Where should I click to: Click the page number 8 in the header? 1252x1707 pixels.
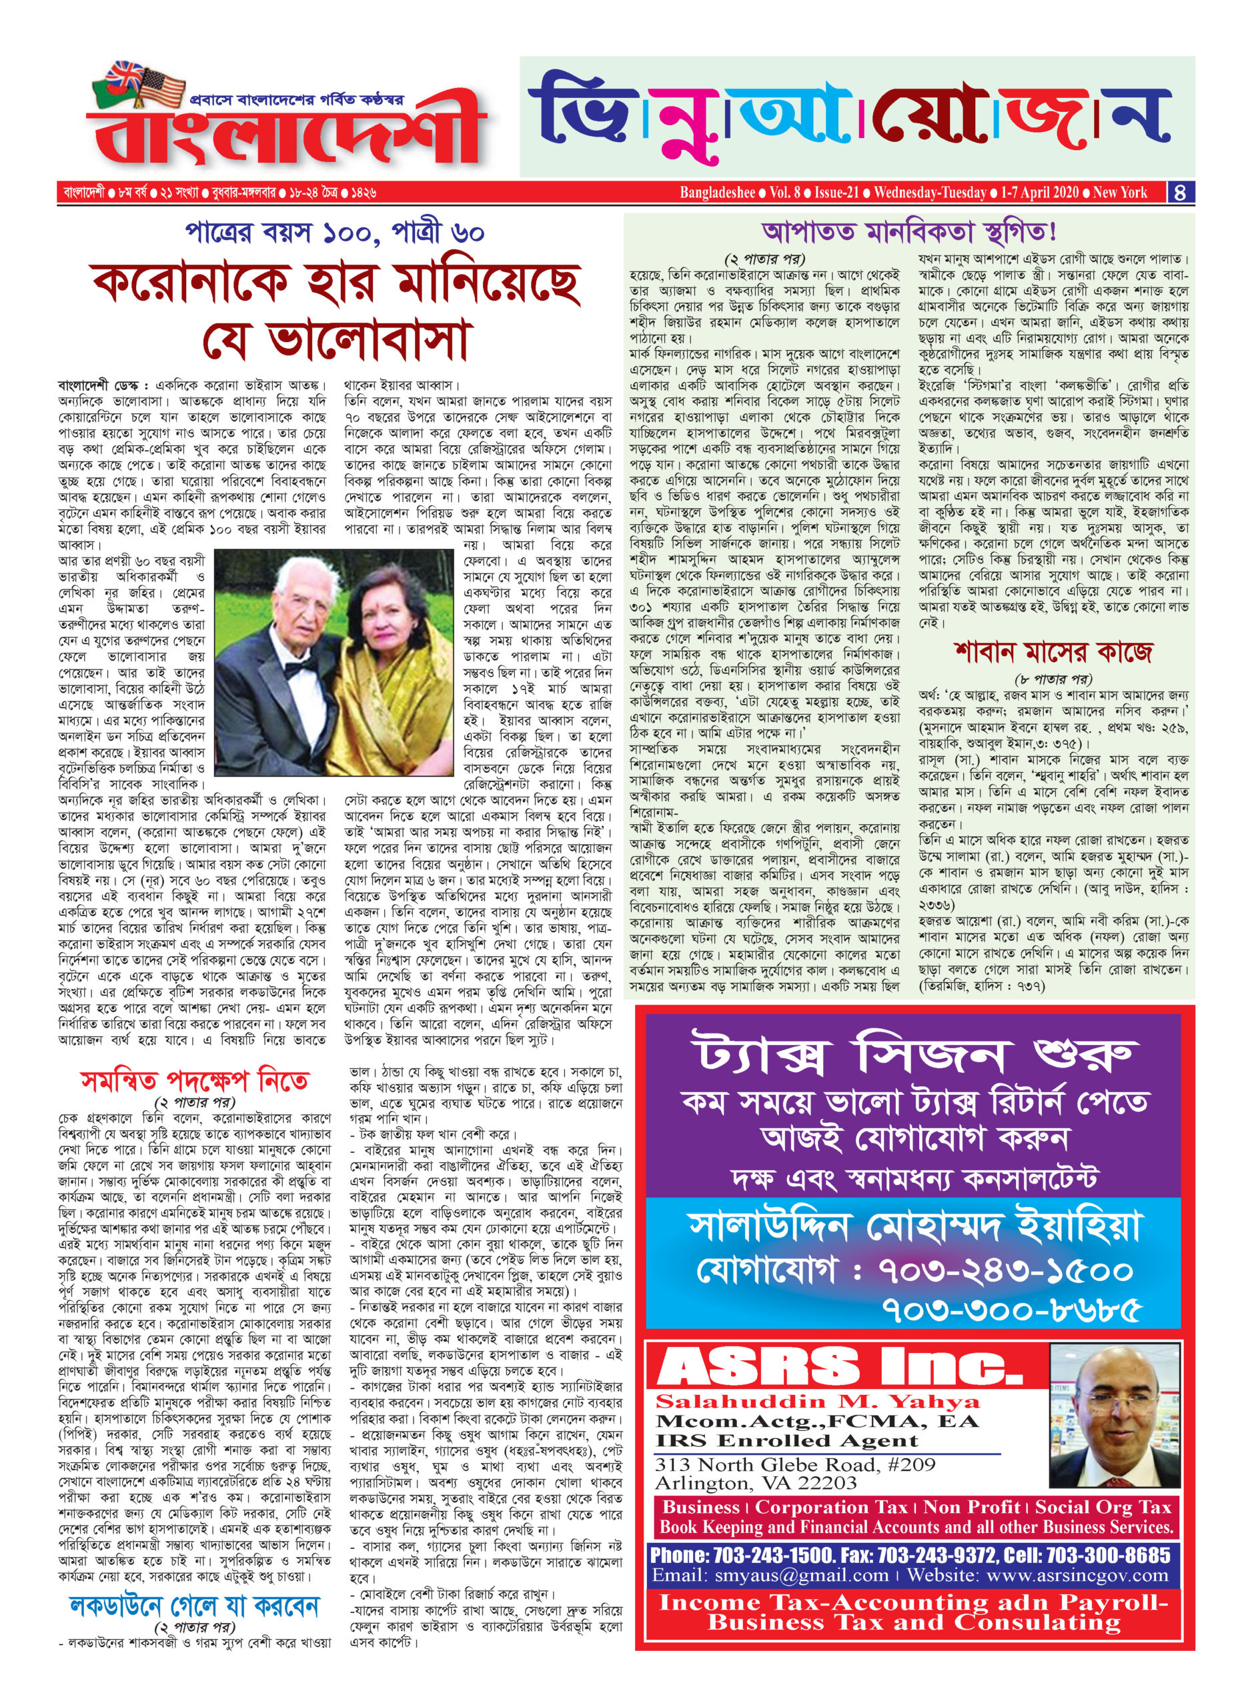pos(1181,193)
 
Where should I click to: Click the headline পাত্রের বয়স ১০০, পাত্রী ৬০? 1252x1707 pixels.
pos(334,233)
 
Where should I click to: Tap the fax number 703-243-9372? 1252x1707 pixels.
pos(936,1556)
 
